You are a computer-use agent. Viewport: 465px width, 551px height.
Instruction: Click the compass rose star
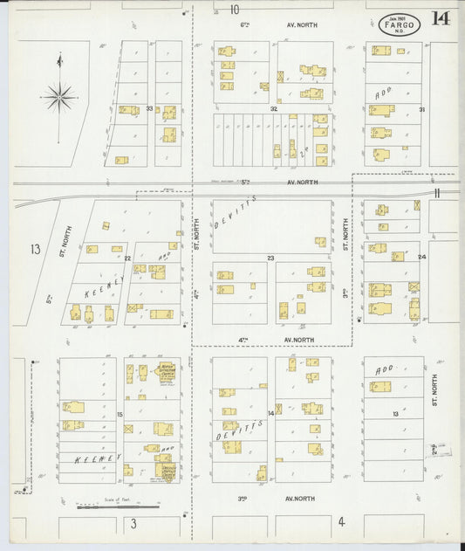click(x=58, y=96)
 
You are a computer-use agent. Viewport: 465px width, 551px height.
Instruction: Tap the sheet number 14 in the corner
click(x=441, y=18)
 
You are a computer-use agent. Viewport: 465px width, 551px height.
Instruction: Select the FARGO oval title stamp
click(x=400, y=25)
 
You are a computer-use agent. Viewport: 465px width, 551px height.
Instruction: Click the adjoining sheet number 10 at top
click(x=235, y=10)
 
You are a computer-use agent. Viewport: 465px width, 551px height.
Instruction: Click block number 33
click(x=150, y=109)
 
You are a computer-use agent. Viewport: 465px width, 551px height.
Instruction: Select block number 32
click(x=273, y=109)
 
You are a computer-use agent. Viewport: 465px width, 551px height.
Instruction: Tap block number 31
click(x=422, y=109)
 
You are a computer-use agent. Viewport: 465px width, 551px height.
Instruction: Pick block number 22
click(x=127, y=258)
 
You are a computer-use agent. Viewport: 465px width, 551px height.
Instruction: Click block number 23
click(x=271, y=258)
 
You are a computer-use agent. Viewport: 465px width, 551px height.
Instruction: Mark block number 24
click(x=422, y=258)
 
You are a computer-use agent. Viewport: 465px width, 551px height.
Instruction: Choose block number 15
click(x=120, y=414)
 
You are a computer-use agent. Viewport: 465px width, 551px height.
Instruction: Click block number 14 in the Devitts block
click(x=271, y=413)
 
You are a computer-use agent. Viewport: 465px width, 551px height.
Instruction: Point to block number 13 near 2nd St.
click(x=394, y=413)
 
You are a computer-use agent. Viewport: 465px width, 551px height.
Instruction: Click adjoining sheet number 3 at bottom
click(x=133, y=524)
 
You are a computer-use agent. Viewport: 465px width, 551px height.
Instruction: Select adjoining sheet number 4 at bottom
click(x=342, y=522)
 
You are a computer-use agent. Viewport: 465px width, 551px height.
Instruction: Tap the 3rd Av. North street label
click(x=276, y=499)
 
